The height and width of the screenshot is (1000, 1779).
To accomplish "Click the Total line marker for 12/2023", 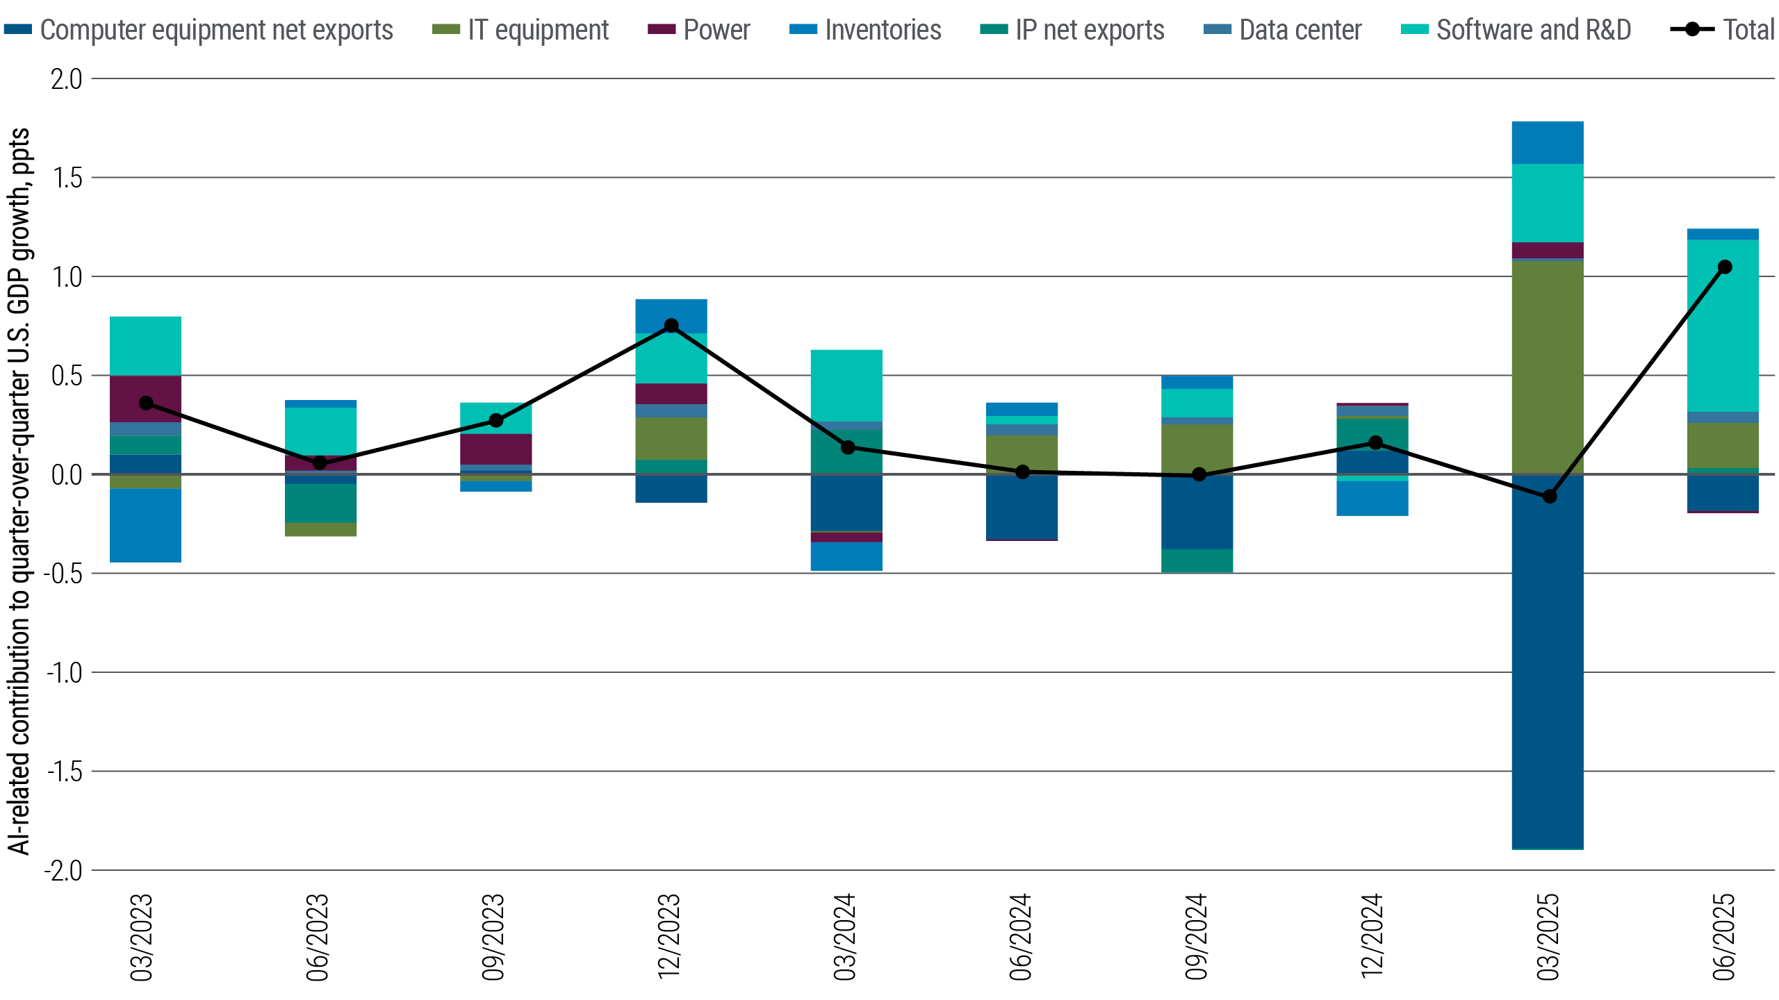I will click(671, 326).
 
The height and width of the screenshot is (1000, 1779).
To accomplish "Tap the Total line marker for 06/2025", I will click(1724, 267).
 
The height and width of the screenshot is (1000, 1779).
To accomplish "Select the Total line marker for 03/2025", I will click(1549, 497).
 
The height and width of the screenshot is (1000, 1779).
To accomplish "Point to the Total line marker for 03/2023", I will click(146, 403).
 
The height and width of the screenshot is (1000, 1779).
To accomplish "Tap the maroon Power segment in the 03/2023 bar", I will click(146, 399).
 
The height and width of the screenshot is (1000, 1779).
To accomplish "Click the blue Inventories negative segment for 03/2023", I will click(146, 525).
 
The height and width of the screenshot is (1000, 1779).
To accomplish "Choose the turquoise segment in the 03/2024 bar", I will click(846, 385).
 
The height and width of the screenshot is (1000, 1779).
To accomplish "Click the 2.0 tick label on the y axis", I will click(66, 79).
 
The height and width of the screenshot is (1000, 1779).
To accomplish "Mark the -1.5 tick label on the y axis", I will click(63, 772).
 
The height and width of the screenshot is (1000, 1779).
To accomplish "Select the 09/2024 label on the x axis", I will click(1197, 937).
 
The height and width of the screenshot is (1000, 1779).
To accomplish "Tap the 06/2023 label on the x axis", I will click(318, 937).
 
